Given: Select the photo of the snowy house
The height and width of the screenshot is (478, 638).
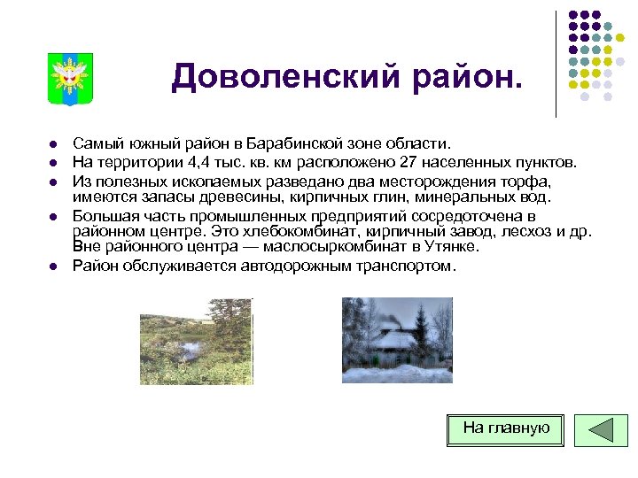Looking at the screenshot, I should click(397, 340).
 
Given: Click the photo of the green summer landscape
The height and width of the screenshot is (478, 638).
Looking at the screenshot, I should click(196, 341).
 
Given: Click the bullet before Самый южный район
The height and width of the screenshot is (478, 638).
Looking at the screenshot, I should click(53, 144).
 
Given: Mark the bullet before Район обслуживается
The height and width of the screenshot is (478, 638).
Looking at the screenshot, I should click(53, 266).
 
